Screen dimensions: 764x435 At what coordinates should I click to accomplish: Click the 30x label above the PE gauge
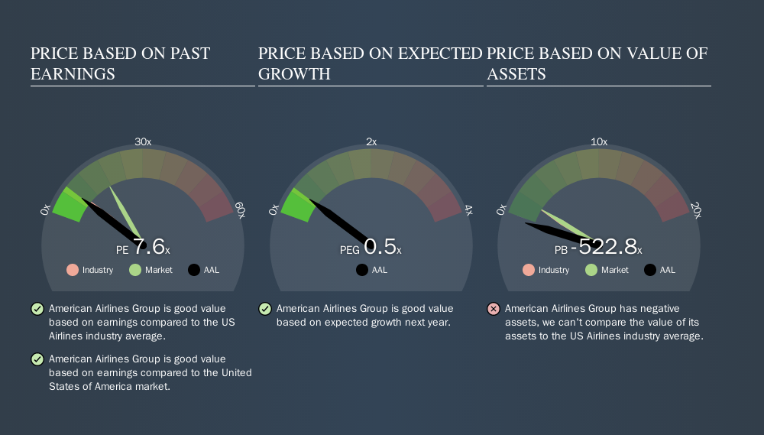pos(143,142)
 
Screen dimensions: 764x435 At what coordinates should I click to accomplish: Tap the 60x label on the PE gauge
pos(240,210)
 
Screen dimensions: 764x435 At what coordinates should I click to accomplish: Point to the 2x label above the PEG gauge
pos(371,142)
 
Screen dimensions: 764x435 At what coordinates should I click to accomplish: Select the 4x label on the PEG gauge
pos(468,210)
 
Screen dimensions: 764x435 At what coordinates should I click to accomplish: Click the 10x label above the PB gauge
pos(599,142)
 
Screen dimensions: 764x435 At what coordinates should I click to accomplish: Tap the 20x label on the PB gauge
pos(696,210)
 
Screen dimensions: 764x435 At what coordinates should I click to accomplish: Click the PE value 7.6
pos(149,247)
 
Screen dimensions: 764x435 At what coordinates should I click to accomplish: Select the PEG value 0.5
pos(380,247)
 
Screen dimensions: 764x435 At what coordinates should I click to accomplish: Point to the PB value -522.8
pos(604,247)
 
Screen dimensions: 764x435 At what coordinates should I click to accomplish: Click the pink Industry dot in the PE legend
pos(73,270)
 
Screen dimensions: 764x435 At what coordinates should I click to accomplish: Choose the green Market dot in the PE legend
pos(135,270)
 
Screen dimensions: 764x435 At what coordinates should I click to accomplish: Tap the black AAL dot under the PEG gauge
pos(362,270)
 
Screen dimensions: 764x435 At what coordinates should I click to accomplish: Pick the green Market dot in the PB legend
pos(591,270)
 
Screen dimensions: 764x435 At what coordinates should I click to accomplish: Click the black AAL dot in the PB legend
pos(650,270)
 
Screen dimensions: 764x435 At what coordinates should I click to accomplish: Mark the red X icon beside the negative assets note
pos(494,309)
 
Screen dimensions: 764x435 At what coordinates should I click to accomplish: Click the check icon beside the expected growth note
pos(265,309)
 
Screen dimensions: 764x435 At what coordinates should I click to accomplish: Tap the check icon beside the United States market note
pos(37,359)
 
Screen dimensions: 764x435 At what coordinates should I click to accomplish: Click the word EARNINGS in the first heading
pos(73,74)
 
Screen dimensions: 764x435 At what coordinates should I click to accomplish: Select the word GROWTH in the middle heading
pos(294,74)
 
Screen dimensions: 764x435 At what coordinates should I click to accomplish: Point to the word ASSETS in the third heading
pos(516,74)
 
